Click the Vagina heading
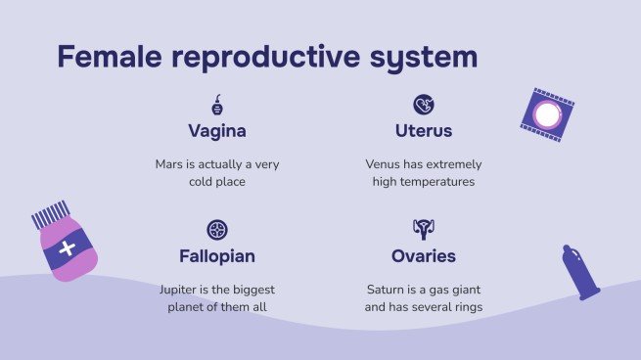click(x=217, y=131)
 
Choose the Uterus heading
click(x=424, y=131)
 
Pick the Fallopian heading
click(x=217, y=256)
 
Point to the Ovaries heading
click(x=424, y=256)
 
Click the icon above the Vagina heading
click(x=217, y=106)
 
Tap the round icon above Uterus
click(x=424, y=105)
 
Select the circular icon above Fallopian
click(x=217, y=230)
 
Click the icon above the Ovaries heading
click(x=424, y=230)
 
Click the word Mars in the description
click(x=170, y=164)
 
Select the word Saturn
click(x=385, y=290)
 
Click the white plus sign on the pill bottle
click(x=67, y=248)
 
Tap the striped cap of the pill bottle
click(x=51, y=215)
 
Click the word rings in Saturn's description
click(x=466, y=307)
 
